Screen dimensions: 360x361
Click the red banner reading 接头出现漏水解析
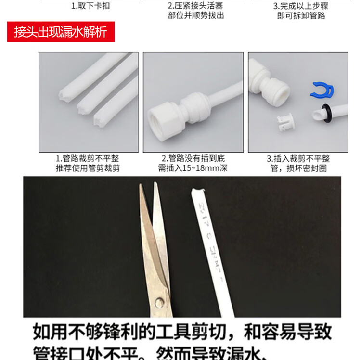60,33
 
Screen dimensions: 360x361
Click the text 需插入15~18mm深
193,168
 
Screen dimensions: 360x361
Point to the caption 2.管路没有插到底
193,158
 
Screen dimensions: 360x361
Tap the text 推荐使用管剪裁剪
88,168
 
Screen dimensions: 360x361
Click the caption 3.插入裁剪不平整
298,158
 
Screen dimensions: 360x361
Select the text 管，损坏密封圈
299,168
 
